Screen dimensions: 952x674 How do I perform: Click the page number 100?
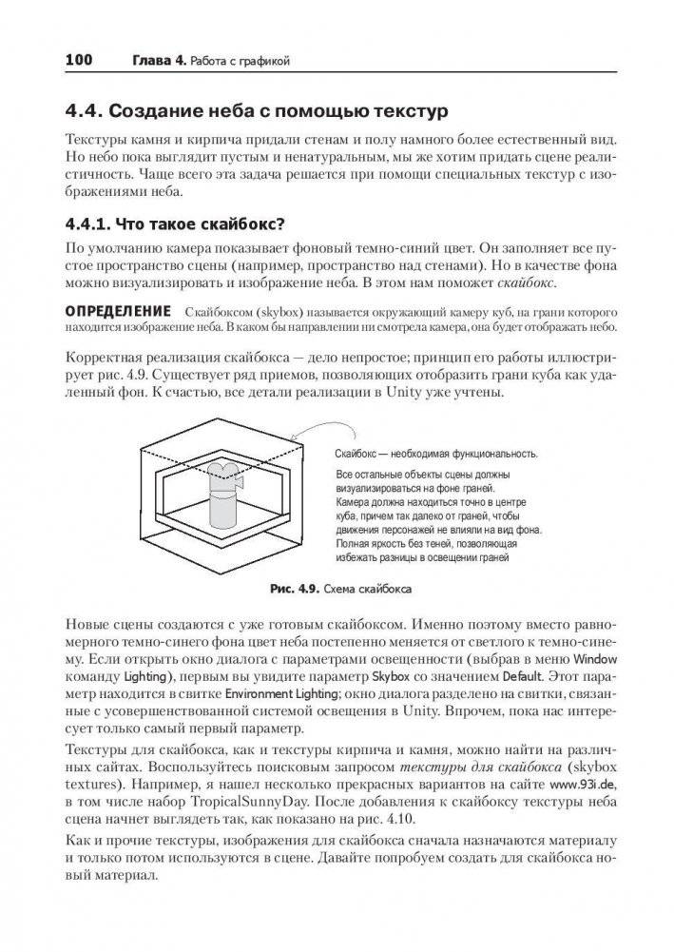point(79,62)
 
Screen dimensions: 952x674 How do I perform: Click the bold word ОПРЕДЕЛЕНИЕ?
point(117,312)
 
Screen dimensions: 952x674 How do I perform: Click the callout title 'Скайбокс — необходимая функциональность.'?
point(436,454)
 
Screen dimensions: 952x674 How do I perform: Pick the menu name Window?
point(595,658)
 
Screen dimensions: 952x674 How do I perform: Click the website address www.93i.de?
point(584,783)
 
